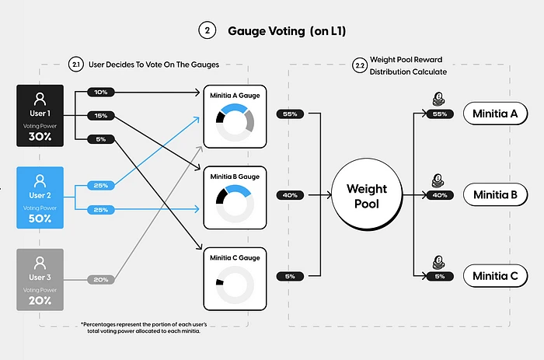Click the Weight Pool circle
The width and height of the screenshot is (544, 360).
pos(366,195)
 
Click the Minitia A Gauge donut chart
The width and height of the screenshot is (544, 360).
pos(234,121)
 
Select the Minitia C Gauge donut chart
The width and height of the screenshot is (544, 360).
pos(234,284)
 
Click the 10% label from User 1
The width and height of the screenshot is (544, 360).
pos(100,92)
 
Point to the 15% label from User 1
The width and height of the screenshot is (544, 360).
pos(100,116)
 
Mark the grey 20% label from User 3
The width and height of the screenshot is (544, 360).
pos(100,280)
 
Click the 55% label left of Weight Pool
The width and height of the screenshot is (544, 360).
pos(290,114)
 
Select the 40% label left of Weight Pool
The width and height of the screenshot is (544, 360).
pos(290,195)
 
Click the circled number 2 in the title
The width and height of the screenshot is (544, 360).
pos(207,31)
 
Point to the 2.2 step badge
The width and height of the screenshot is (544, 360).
pos(360,64)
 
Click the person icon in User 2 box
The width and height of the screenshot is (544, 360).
pos(40,180)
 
